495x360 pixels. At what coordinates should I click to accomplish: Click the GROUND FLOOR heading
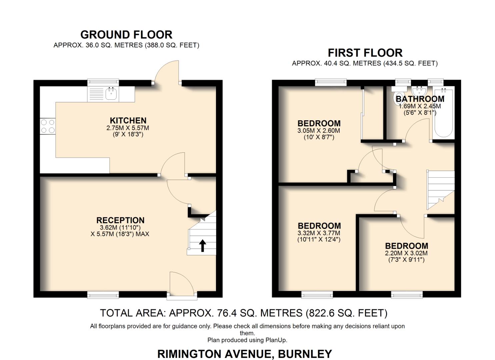(x=126, y=35)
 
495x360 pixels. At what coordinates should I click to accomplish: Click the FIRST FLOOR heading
(x=365, y=53)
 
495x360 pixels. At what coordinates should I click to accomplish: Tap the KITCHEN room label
(x=128, y=120)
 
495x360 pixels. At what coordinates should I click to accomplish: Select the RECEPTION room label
(x=120, y=220)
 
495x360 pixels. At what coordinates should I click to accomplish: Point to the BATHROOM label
(x=420, y=99)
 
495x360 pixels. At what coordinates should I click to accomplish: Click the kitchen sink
(x=111, y=94)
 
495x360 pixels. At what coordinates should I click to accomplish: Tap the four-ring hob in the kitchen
(x=47, y=126)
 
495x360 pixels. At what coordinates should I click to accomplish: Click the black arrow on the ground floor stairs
(x=202, y=245)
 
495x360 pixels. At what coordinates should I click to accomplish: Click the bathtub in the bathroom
(x=443, y=113)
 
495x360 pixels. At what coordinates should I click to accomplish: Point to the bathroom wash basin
(x=419, y=91)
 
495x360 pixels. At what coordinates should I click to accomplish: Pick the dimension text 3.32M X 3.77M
(x=319, y=233)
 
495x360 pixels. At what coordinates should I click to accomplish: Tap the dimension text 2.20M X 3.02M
(x=406, y=253)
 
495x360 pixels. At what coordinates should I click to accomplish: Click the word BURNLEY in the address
(x=305, y=353)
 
